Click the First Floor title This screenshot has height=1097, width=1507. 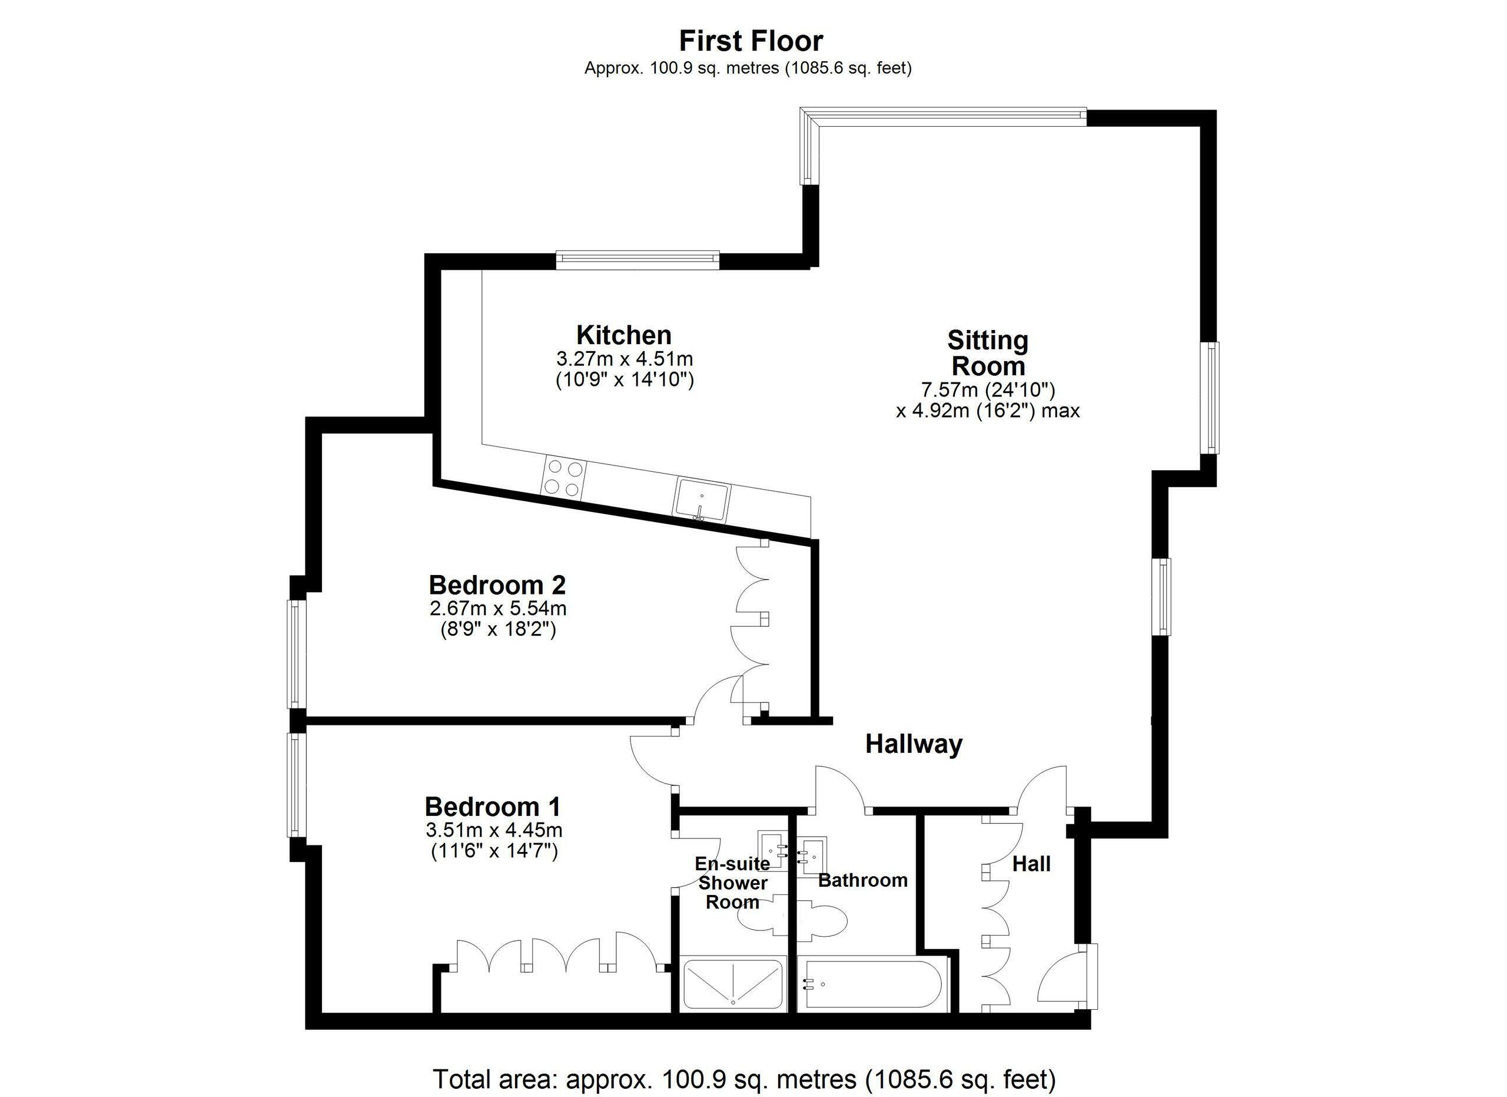click(x=751, y=41)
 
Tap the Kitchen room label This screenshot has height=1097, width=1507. click(x=624, y=335)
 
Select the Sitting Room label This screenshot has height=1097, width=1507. click(x=988, y=353)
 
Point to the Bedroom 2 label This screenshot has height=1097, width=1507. click(x=497, y=585)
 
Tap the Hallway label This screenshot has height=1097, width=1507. click(x=914, y=744)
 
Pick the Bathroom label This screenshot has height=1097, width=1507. click(x=862, y=880)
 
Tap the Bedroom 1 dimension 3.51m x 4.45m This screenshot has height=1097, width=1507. click(x=494, y=830)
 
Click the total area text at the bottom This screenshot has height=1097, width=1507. click(x=744, y=1078)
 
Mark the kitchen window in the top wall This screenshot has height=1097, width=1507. click(x=638, y=259)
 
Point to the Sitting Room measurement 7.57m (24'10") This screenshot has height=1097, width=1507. click(x=987, y=389)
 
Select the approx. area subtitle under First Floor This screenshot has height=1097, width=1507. click(x=748, y=68)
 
